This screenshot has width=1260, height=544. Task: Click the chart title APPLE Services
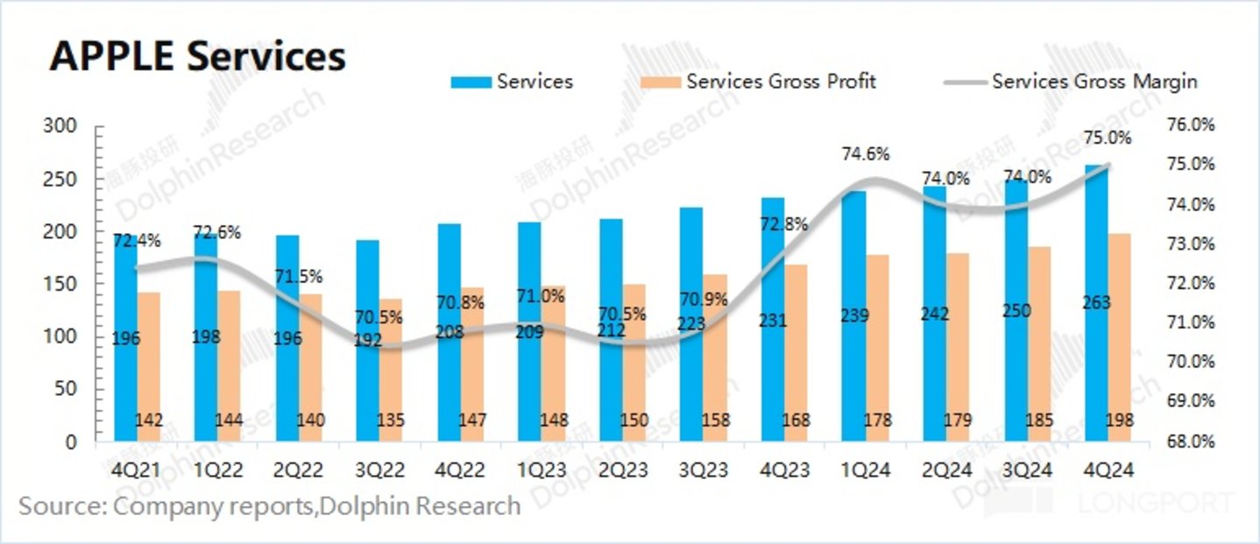[198, 56]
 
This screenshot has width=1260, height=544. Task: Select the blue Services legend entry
[513, 81]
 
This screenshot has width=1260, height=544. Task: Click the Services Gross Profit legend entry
[759, 81]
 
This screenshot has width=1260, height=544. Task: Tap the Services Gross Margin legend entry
[1071, 81]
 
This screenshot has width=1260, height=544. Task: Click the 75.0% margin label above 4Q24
[1108, 138]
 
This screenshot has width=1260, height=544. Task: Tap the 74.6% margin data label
[867, 154]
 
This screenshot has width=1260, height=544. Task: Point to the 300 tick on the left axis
[60, 127]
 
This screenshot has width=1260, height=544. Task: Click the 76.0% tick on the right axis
[1192, 125]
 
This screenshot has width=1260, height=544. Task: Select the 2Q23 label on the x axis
[623, 470]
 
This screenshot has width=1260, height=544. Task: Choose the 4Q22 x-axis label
[461, 470]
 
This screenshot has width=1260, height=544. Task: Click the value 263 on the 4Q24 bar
[1095, 303]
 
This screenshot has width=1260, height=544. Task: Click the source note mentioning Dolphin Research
[270, 506]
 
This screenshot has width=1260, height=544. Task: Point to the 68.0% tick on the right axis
[1192, 441]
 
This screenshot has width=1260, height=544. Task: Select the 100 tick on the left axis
[60, 337]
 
